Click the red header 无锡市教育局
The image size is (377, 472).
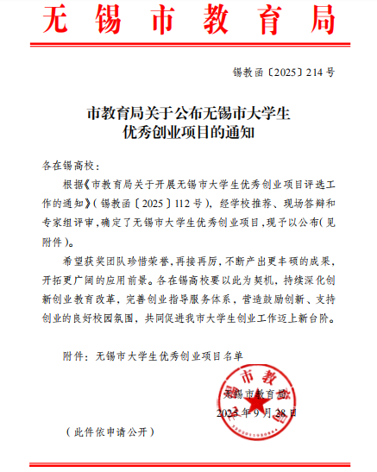point(187,20)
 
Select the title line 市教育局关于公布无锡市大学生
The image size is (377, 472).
point(187,112)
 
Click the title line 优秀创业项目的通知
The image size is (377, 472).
point(187,133)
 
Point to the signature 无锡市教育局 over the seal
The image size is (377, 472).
point(255,393)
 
